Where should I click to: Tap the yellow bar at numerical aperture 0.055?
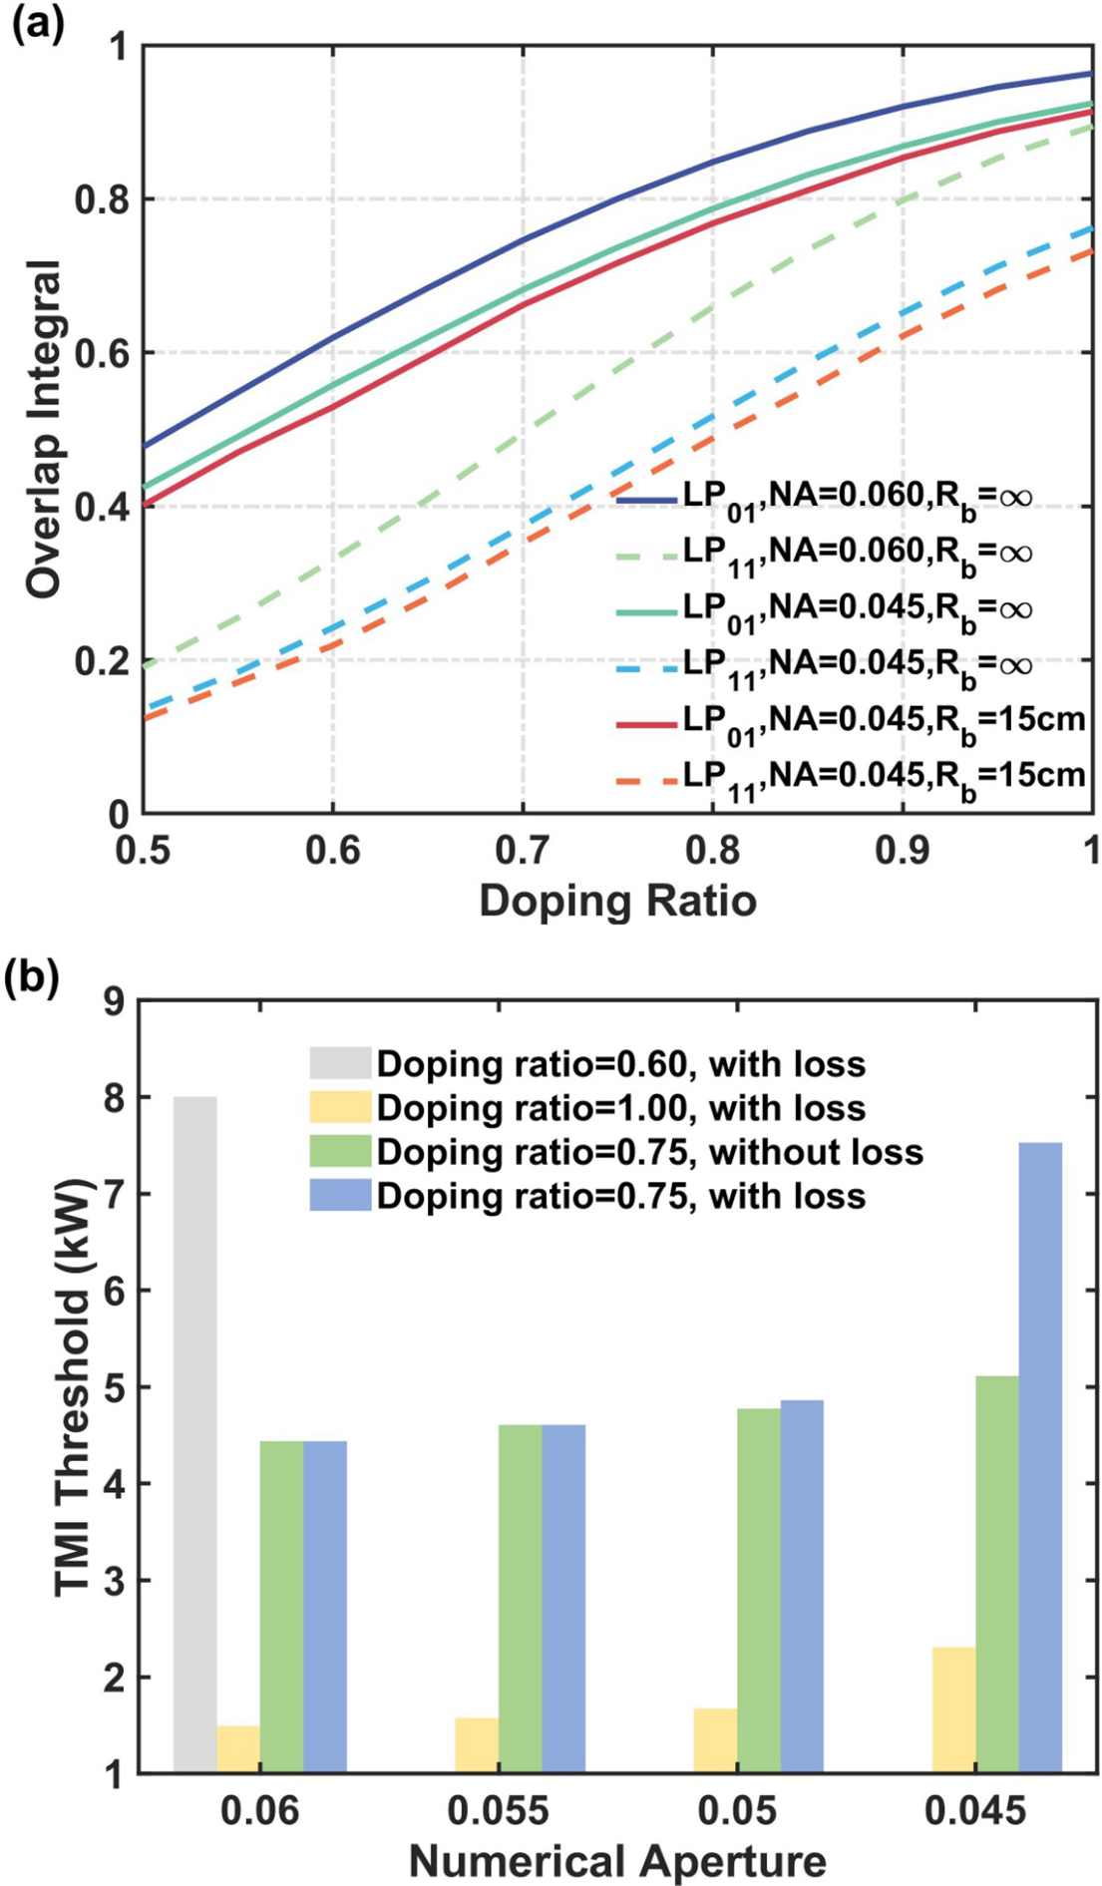click(x=477, y=1744)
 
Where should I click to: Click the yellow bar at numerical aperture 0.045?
click(x=953, y=1709)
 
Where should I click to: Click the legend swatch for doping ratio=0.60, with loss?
click(x=339, y=1064)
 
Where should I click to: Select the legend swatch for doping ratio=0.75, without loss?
click(x=339, y=1152)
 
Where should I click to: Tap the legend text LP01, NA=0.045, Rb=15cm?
click(x=884, y=719)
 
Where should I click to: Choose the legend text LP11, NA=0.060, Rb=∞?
click(x=858, y=552)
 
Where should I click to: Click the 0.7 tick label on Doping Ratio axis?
click(x=523, y=850)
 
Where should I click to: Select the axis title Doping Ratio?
click(x=617, y=901)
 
